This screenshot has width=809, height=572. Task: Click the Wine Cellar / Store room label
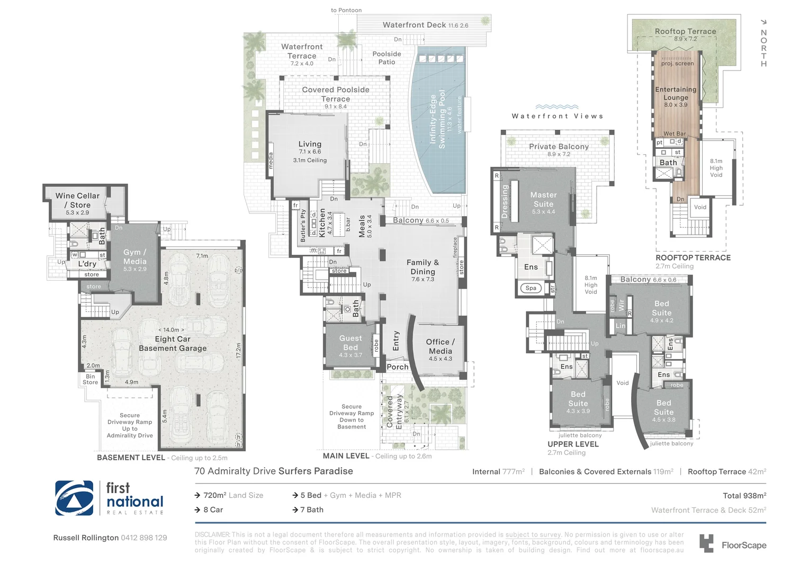(77, 200)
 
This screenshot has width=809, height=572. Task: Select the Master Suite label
(543, 200)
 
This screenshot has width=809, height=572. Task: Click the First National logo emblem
(74, 498)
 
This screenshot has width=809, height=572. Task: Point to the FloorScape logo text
(743, 545)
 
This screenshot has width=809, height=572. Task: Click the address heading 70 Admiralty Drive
(273, 471)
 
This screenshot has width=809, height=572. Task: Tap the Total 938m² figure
(744, 496)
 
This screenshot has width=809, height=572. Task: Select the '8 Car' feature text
(213, 510)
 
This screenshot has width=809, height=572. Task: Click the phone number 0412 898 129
(143, 538)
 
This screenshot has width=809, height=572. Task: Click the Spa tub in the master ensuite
(531, 288)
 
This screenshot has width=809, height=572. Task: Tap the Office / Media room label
(440, 346)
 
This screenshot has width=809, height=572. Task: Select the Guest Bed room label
(350, 343)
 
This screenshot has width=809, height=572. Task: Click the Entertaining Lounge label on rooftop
(676, 93)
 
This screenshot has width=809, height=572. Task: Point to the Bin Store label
(90, 379)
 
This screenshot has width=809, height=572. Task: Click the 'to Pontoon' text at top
(346, 10)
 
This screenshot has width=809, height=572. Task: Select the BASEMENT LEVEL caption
(131, 458)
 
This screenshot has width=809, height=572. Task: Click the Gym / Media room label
(134, 257)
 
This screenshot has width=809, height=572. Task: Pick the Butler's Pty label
(303, 226)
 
